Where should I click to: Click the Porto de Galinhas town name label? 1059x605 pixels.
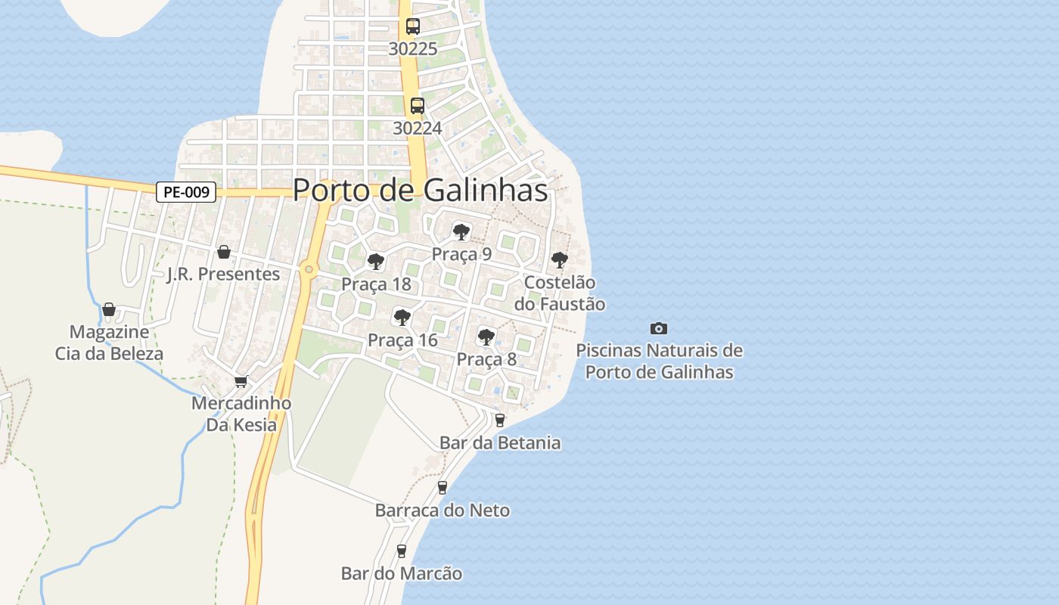pyautogui.click(x=420, y=190)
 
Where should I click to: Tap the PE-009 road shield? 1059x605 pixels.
pyautogui.click(x=186, y=192)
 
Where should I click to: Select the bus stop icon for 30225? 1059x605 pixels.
pyautogui.click(x=412, y=26)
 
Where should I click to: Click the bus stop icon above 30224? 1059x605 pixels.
pyautogui.click(x=417, y=106)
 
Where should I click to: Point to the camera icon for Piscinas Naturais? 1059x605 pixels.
pyautogui.click(x=659, y=328)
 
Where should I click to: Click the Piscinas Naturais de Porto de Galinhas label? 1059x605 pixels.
pyautogui.click(x=659, y=361)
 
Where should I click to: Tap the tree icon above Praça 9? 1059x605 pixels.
pyautogui.click(x=461, y=231)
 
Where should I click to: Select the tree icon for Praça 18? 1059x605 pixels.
pyautogui.click(x=375, y=262)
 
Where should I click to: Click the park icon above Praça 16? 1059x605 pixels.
pyautogui.click(x=402, y=318)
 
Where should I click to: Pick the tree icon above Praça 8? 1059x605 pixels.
pyautogui.click(x=486, y=337)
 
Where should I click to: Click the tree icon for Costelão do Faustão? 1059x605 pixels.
pyautogui.click(x=559, y=260)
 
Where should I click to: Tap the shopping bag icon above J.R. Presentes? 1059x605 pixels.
pyautogui.click(x=223, y=252)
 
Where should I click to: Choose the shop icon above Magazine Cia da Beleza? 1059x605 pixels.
pyautogui.click(x=109, y=309)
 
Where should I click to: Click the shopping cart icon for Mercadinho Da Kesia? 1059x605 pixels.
pyautogui.click(x=241, y=381)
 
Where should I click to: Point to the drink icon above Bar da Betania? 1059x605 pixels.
pyautogui.click(x=499, y=420)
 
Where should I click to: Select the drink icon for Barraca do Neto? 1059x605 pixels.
pyautogui.click(x=443, y=488)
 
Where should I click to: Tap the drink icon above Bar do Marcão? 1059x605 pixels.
pyautogui.click(x=402, y=551)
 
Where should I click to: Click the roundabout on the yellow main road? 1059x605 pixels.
pyautogui.click(x=308, y=268)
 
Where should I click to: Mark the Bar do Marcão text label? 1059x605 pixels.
pyautogui.click(x=401, y=573)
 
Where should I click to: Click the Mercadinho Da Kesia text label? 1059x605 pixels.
pyautogui.click(x=241, y=414)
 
